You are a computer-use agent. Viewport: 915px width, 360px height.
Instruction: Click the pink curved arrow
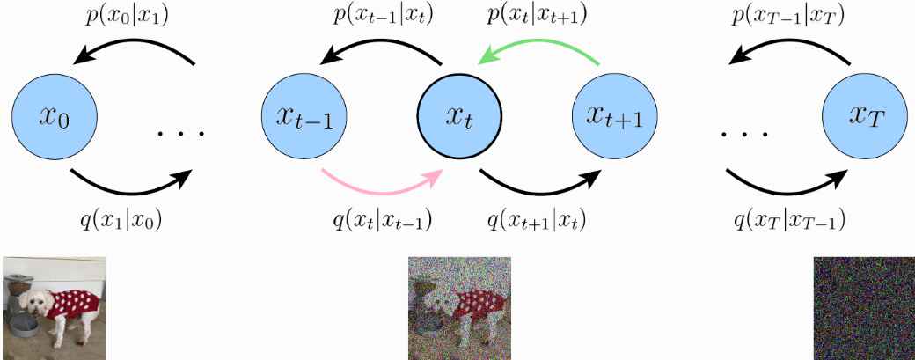pos(380,182)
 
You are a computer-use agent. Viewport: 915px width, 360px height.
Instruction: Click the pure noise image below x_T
pos(863,308)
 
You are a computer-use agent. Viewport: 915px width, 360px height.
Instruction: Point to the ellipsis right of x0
pos(180,134)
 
